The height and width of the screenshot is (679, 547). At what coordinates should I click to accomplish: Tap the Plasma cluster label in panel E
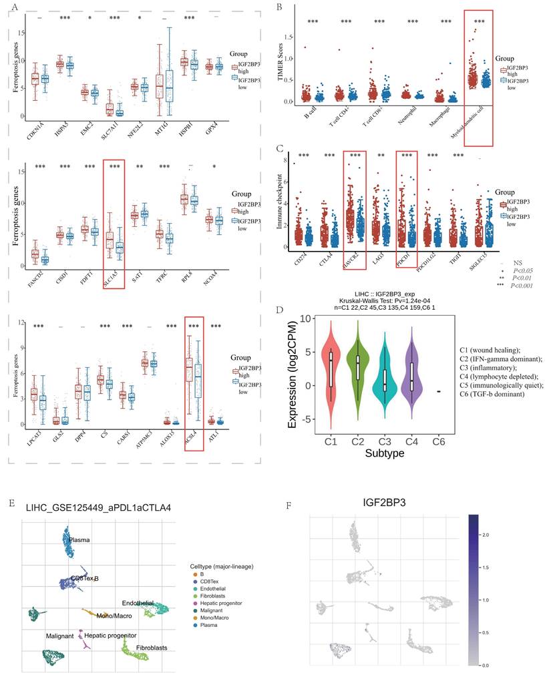tap(81, 539)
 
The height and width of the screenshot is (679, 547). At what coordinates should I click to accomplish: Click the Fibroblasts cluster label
tap(148, 648)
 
